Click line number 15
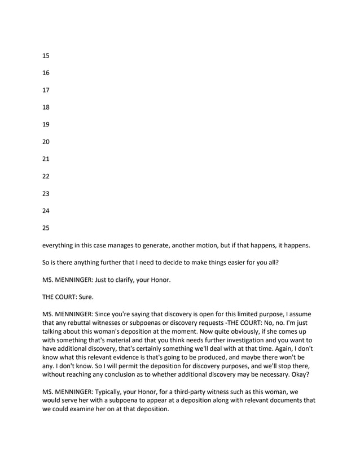[46, 55]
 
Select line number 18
[46, 107]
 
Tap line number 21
[46, 159]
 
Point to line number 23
[46, 194]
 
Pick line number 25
[46, 228]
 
